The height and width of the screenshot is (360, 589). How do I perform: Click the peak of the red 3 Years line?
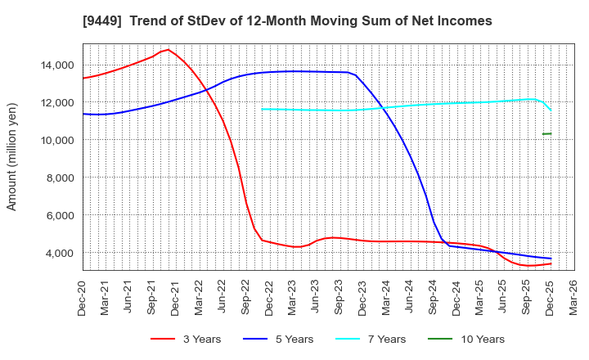(x=168, y=50)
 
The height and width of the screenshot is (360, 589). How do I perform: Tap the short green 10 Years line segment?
(x=546, y=133)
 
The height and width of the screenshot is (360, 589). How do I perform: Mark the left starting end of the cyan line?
(x=262, y=109)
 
